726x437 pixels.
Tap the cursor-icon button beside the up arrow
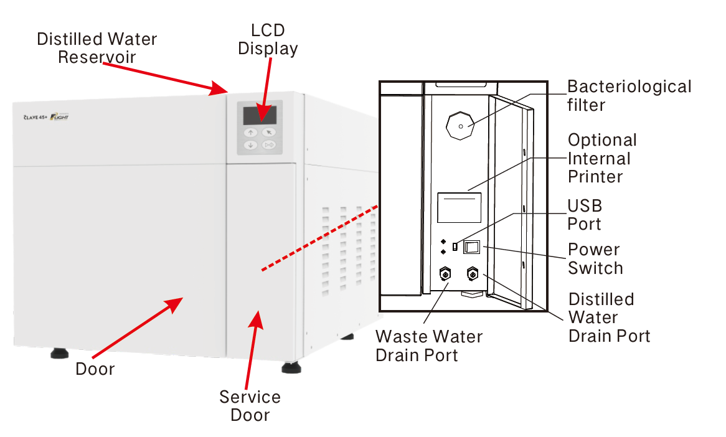268,132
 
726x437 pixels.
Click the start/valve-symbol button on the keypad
268,146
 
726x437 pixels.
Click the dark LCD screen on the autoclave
260,115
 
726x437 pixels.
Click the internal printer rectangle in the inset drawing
460,207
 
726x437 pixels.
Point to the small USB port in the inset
455,247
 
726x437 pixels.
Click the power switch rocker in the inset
473,247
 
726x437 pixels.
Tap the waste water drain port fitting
446,274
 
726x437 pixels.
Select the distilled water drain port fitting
473,274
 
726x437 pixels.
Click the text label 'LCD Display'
268,39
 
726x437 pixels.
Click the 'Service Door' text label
250,406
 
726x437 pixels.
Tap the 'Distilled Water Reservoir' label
97,48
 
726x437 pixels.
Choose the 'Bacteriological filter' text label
628,95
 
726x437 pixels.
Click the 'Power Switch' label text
595,259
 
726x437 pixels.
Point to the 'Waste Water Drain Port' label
429,346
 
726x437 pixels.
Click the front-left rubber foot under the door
60,354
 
